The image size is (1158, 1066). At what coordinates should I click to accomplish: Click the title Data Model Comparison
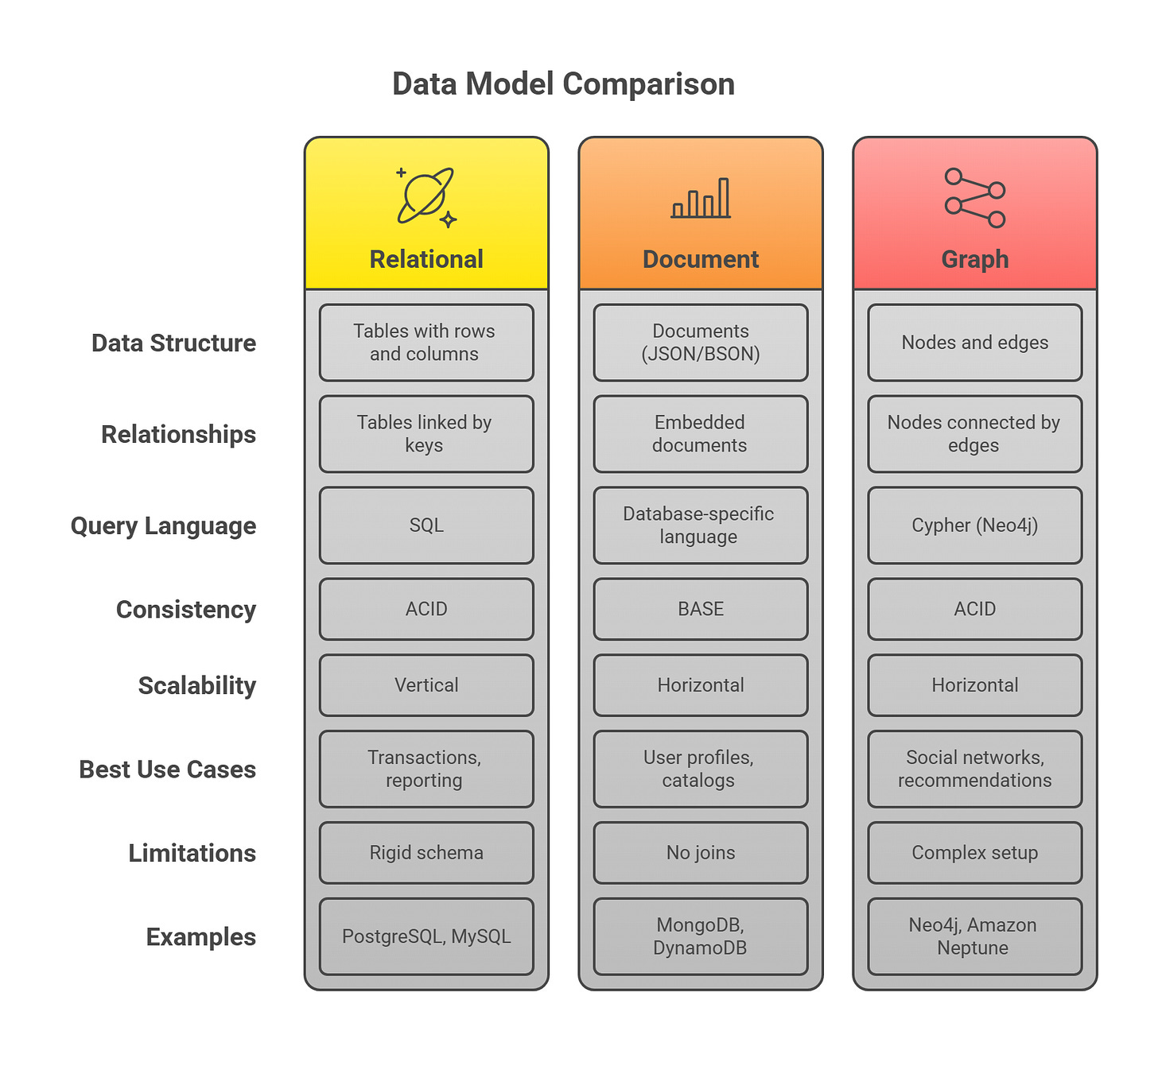[563, 84]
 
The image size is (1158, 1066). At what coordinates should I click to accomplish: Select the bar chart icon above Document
[701, 198]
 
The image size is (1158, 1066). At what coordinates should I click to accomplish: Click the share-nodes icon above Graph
[974, 198]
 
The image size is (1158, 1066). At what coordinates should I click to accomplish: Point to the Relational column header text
[426, 259]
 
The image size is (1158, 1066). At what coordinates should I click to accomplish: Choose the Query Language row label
[163, 525]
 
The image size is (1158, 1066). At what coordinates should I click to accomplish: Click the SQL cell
[426, 525]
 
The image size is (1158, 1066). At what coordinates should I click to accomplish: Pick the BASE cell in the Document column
[701, 609]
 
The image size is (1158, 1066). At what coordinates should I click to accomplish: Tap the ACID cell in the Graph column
[974, 609]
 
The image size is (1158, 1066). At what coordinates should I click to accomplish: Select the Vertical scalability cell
[426, 685]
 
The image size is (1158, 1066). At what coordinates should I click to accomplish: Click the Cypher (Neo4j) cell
[974, 525]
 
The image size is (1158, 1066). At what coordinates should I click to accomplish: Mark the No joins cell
[701, 853]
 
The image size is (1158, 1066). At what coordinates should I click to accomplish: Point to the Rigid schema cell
[426, 853]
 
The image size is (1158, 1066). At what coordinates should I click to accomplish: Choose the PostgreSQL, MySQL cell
[426, 936]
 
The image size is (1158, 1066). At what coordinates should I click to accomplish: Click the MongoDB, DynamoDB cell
[701, 936]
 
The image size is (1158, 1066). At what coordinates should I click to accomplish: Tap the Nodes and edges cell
[974, 343]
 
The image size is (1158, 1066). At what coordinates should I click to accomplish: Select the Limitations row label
[192, 853]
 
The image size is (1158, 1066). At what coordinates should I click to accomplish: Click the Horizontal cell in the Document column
[701, 685]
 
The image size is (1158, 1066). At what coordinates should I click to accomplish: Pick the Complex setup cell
[974, 853]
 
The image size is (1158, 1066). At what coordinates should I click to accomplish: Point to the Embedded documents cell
[701, 434]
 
